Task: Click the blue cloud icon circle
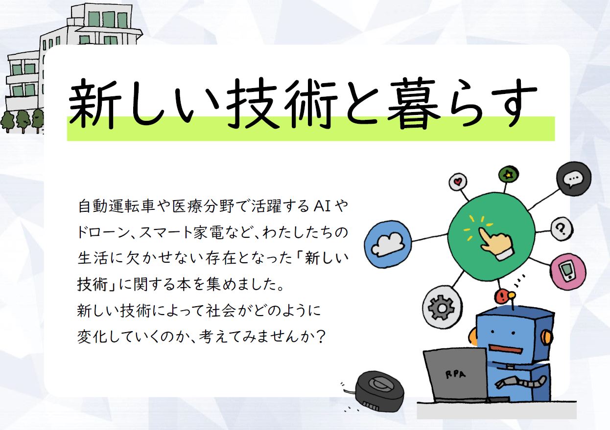(x=388, y=244)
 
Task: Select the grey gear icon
(x=442, y=308)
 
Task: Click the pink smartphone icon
(x=568, y=272)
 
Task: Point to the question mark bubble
(x=562, y=228)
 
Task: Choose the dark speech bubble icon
(x=573, y=179)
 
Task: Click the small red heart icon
(x=458, y=181)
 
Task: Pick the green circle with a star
(x=508, y=175)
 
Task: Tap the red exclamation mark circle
(x=500, y=296)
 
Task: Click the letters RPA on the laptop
(x=456, y=375)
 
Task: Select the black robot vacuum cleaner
(x=379, y=391)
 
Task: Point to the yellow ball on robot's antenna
(x=512, y=295)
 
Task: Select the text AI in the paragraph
(x=322, y=206)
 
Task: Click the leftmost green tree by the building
(x=7, y=122)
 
